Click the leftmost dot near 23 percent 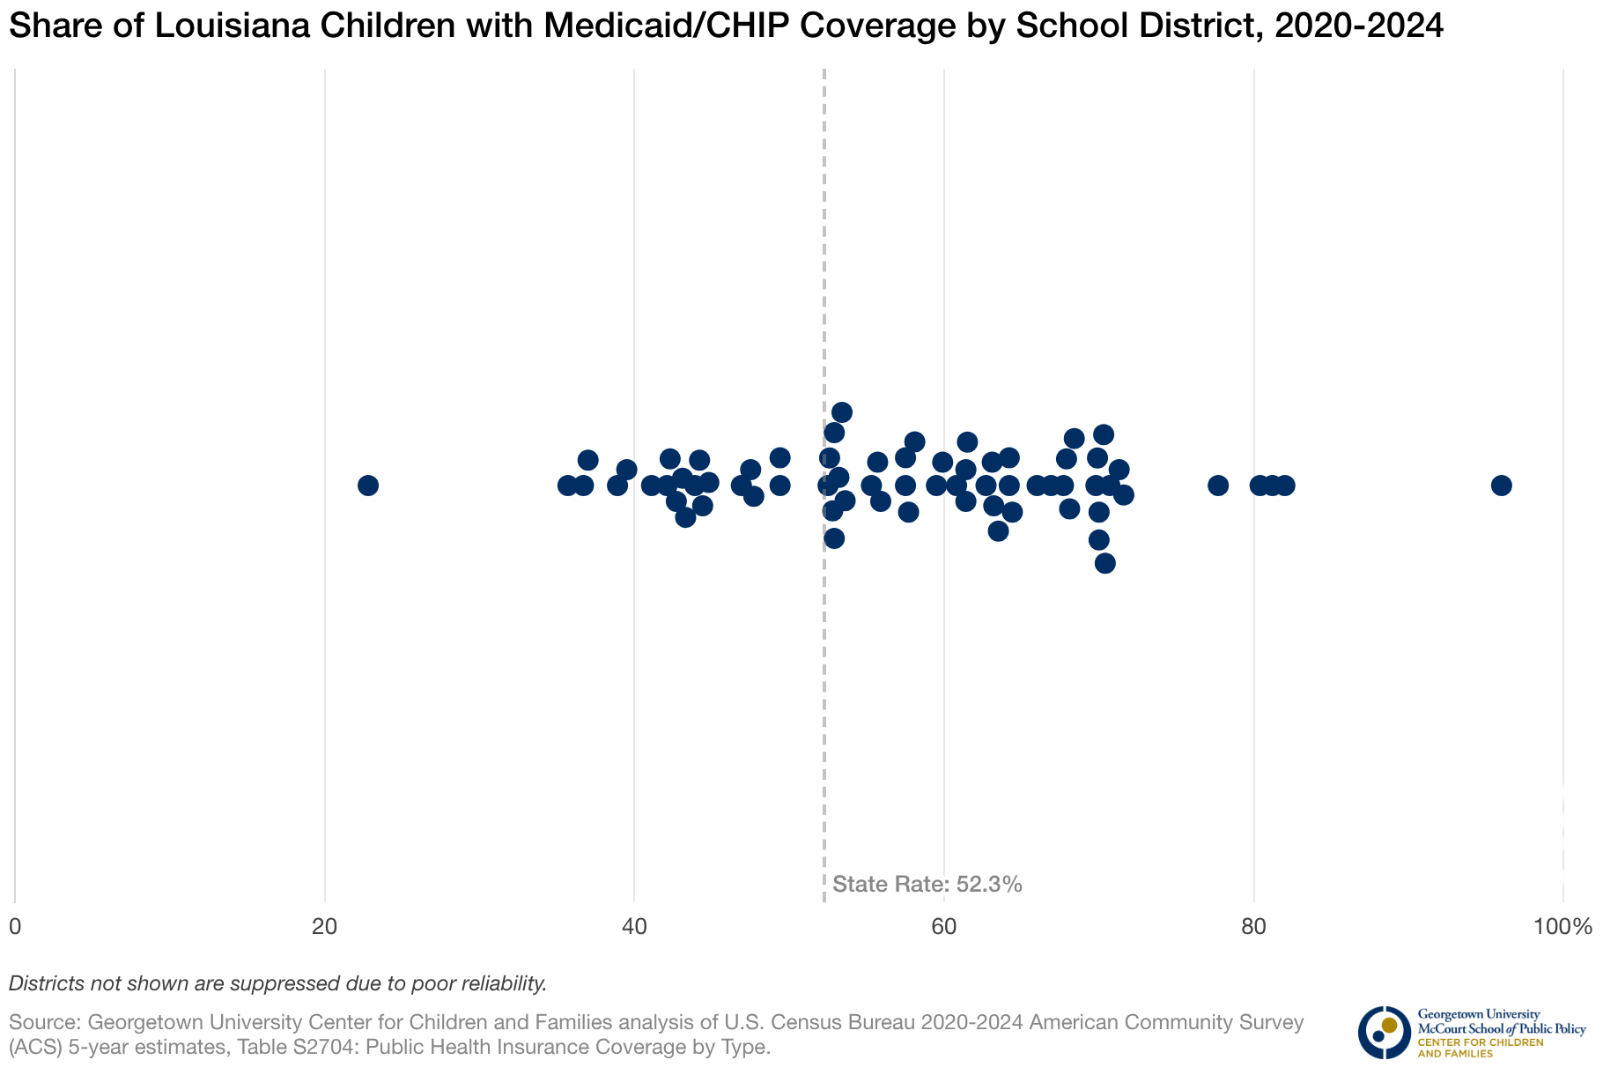click(x=368, y=486)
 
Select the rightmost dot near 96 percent click(x=1502, y=486)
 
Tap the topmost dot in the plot click(x=842, y=412)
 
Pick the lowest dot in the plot click(x=1105, y=563)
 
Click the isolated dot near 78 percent click(x=1218, y=486)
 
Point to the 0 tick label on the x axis click(x=15, y=927)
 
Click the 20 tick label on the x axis click(x=325, y=927)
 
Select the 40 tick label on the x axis click(x=634, y=927)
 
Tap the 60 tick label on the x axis click(x=944, y=927)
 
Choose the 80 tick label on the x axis click(x=1253, y=927)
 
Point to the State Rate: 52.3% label click(x=927, y=885)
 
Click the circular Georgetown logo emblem click(x=1384, y=1032)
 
